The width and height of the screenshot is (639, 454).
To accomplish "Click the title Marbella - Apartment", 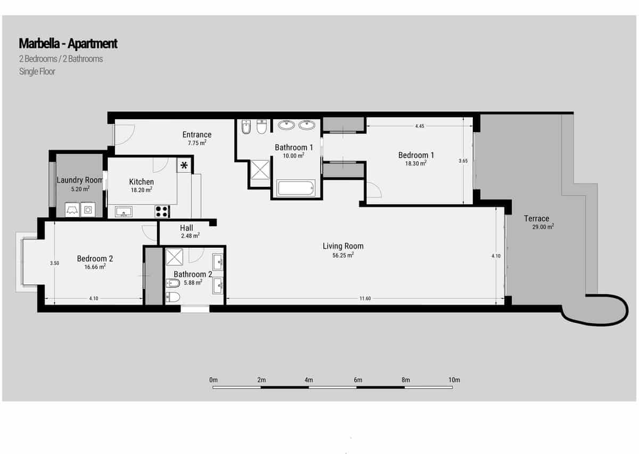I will (68, 44).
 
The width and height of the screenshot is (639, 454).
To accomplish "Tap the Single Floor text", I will (37, 71).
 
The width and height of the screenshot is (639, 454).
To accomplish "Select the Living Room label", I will (343, 246).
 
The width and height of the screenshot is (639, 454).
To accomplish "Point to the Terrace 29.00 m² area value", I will (543, 227).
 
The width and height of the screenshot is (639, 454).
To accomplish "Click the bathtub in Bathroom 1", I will (296, 188).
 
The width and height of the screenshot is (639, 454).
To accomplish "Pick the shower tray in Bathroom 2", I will (174, 257).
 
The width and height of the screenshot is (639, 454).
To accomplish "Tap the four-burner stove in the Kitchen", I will (162, 211).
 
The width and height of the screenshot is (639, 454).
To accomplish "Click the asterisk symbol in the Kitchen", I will (184, 165).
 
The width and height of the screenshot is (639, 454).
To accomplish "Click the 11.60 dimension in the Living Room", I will (365, 299).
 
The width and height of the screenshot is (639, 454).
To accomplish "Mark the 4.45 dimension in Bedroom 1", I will (420, 126).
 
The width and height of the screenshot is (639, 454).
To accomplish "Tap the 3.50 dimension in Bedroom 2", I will (54, 263).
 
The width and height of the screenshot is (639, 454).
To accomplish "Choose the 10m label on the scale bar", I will (454, 380).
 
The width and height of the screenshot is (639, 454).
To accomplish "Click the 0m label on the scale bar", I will (214, 380).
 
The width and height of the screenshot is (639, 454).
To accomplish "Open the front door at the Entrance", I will (125, 135).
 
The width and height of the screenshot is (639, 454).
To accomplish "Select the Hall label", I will (186, 228).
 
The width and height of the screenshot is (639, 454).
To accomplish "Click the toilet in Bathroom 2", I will (174, 297).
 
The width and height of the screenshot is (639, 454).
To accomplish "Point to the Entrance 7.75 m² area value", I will (197, 143).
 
